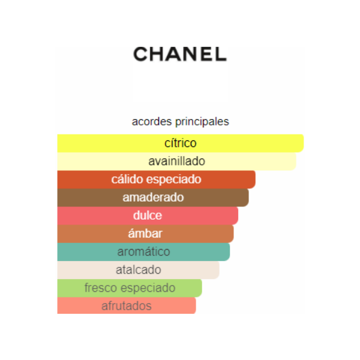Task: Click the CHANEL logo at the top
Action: tap(180, 54)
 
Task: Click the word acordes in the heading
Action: tap(152, 121)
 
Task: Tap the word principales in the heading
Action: tap(202, 122)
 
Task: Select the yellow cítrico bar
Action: tap(181, 143)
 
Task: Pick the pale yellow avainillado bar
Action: tap(176, 161)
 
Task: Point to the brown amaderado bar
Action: tap(153, 197)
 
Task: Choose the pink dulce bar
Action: tap(148, 215)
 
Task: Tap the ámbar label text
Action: tap(145, 233)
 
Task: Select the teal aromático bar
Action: tap(143, 251)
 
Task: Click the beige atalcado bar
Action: tap(138, 270)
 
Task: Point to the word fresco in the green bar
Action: tap(101, 287)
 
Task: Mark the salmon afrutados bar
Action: tap(127, 305)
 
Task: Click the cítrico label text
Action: tap(181, 143)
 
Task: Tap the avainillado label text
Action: tap(176, 161)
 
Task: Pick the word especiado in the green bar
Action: tap(148, 288)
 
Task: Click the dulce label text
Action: tap(148, 215)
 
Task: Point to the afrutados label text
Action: tap(127, 306)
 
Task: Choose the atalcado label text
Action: tap(138, 270)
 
